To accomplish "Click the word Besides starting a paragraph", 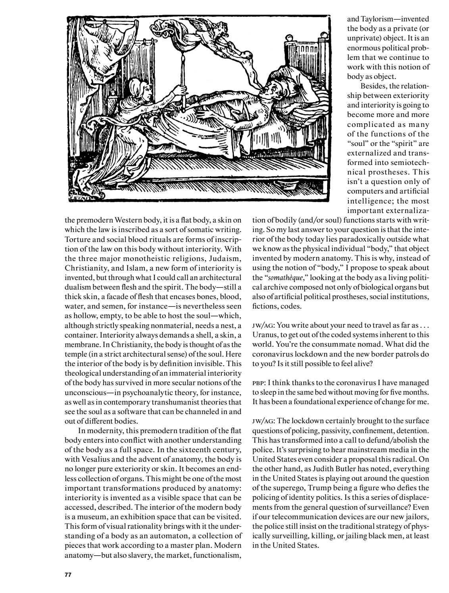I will [x=373, y=86].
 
